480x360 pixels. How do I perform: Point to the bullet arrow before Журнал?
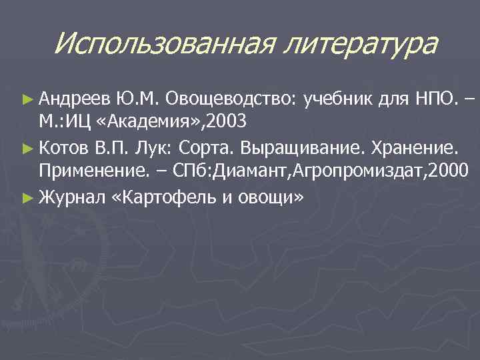pos(27,197)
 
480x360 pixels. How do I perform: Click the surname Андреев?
pos(74,100)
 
